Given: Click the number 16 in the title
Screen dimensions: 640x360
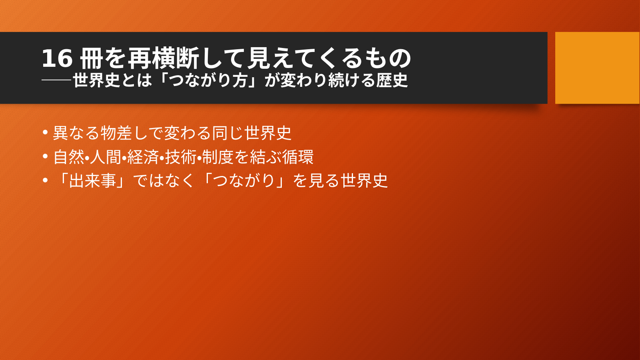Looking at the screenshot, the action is [57, 59].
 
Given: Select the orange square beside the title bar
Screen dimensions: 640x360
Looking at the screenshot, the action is [597, 68].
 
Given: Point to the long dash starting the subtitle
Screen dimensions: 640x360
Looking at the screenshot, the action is [56, 80].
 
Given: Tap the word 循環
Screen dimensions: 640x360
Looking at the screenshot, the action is [298, 157].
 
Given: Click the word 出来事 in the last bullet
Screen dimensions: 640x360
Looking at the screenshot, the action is [93, 181].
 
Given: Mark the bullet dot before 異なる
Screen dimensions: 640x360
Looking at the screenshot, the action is [45, 132].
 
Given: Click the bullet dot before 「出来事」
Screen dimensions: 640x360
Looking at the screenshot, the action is [45, 180].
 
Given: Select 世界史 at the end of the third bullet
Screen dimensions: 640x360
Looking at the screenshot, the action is [364, 181].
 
